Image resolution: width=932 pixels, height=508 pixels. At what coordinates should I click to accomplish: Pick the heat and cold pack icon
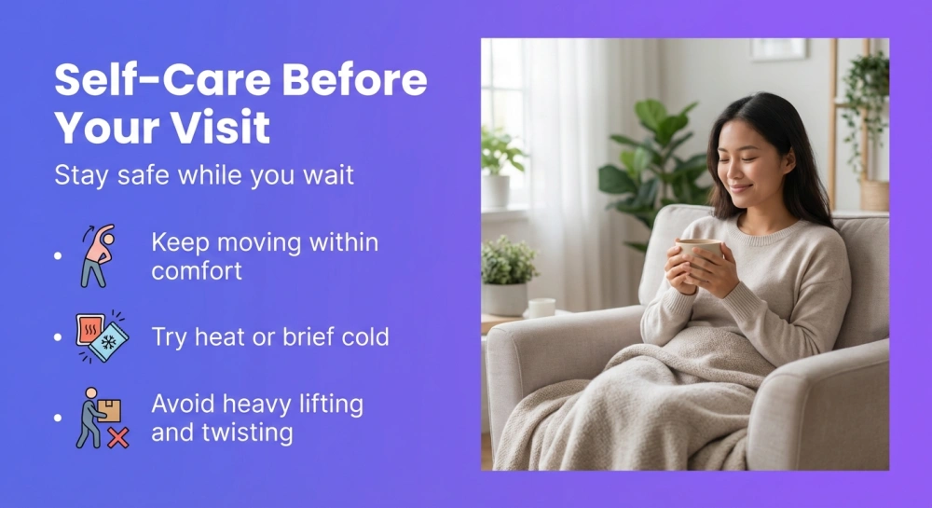coord(102,336)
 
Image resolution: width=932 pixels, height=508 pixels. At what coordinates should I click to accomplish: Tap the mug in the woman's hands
coord(699,256)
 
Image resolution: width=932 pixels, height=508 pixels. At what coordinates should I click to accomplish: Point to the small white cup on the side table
coord(541,307)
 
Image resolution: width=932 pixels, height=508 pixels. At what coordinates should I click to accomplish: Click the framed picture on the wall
coord(778,48)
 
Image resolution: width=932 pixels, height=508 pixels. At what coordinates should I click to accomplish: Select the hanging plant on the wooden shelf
coord(864,103)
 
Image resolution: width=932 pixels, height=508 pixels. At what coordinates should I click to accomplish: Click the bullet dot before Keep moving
coord(58,254)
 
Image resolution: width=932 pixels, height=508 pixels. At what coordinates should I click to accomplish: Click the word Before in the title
coord(355,81)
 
